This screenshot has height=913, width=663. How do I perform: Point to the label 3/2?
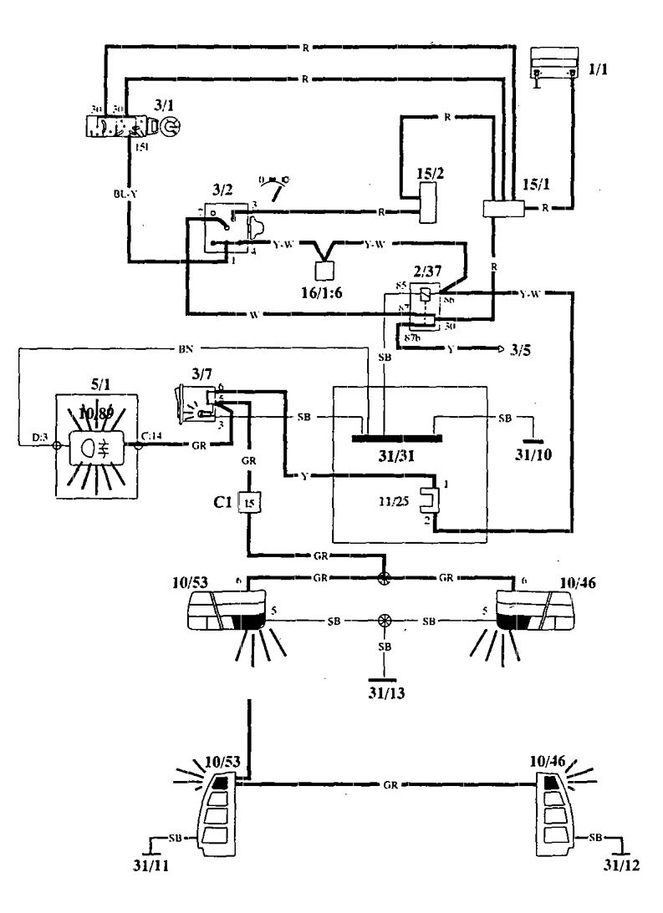(219, 187)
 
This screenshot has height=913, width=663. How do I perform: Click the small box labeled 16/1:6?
(323, 272)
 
